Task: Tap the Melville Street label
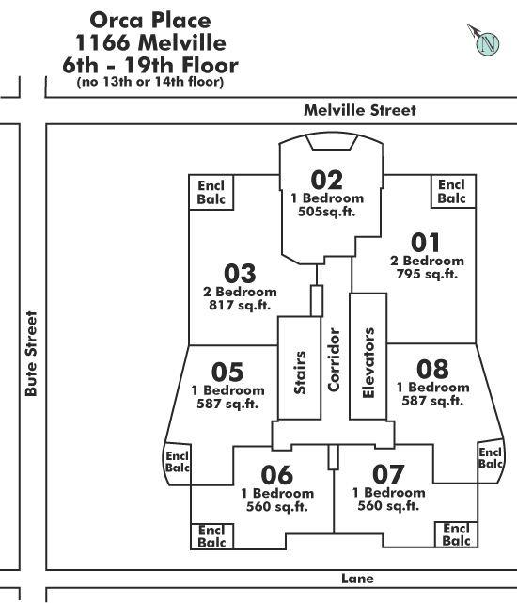pos(360,110)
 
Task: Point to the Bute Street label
pos(31,354)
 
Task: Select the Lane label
pos(357,579)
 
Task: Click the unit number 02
pos(327,180)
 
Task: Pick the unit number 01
pos(425,243)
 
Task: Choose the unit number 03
pos(240,273)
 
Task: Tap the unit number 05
pos(227,372)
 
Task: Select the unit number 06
pos(277,475)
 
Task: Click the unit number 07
pos(388,474)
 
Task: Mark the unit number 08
pos(432,369)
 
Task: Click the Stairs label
pos(300,373)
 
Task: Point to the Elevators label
pos(368,362)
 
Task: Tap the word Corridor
pos(334,359)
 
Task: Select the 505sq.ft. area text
pos(327,212)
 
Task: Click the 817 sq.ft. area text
pos(240,305)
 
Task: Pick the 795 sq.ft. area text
pos(427,274)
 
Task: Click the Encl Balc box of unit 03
pos(211,192)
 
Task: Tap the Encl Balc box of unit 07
pos(456,534)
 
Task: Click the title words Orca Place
pos(150,20)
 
